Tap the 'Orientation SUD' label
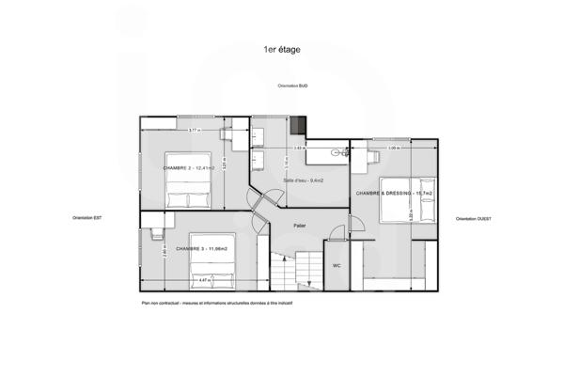click(292, 86)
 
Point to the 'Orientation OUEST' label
click(474, 218)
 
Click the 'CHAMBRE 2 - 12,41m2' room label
click(189, 167)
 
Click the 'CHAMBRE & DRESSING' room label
click(392, 193)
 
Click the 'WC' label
click(336, 266)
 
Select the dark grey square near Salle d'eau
click(298, 125)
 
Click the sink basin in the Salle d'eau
click(336, 151)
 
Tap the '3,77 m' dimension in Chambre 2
click(193, 130)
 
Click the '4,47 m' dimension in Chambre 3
click(205, 279)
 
